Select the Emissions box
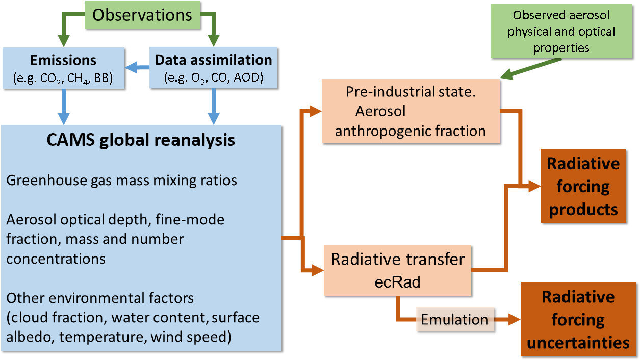click(x=63, y=68)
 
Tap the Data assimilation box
click(x=213, y=68)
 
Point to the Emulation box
click(x=455, y=320)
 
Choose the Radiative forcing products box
click(x=583, y=186)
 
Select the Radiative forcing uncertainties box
click(x=578, y=320)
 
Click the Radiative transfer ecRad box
click(x=398, y=269)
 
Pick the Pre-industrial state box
click(x=411, y=111)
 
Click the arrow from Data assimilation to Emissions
click(x=137, y=67)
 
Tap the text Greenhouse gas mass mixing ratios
click(x=122, y=181)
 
